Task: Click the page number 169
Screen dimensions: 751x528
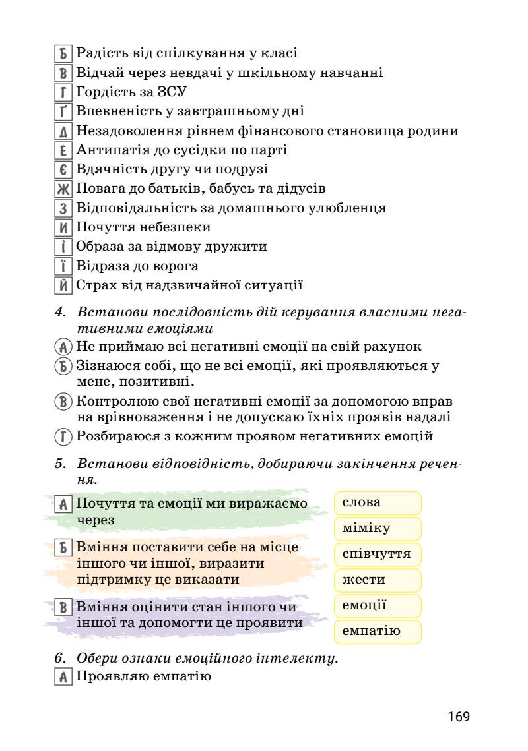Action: point(458,716)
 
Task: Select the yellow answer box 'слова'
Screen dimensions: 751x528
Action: point(378,502)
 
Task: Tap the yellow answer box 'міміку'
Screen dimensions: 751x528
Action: point(378,528)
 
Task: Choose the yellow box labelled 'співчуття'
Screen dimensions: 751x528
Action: point(378,554)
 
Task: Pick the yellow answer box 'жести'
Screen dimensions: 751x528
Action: point(378,580)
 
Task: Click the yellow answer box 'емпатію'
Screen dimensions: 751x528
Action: point(378,631)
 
